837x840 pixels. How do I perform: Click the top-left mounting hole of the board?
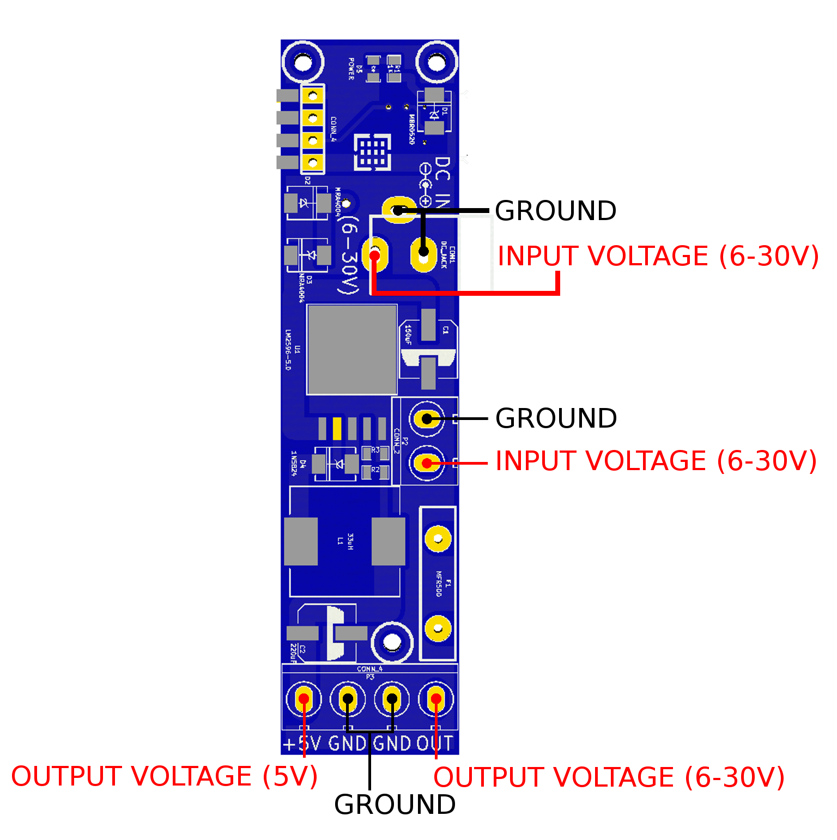(x=302, y=62)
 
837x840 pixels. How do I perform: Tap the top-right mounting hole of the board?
(x=436, y=62)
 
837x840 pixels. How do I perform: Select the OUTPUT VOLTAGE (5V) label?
(x=165, y=776)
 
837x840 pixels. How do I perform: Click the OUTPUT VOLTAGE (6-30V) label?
(x=609, y=777)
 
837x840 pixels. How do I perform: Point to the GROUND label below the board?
(x=395, y=805)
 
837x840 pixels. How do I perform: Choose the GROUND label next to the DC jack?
(x=555, y=211)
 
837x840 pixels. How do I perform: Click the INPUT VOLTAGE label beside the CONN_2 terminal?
(x=656, y=461)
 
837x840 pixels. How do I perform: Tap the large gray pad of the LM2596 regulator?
(x=352, y=349)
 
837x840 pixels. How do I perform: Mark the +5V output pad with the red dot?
(x=304, y=699)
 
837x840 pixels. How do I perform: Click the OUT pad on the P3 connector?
(x=435, y=699)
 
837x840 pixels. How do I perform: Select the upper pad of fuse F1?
(x=438, y=539)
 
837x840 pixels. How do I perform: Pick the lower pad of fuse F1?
(x=438, y=629)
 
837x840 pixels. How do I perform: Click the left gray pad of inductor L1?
(x=301, y=541)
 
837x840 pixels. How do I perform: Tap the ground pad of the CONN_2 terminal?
(x=427, y=418)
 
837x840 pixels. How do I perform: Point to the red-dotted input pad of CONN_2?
(x=427, y=463)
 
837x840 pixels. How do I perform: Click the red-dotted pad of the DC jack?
(x=375, y=255)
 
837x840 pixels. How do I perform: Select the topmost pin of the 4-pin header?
(x=313, y=96)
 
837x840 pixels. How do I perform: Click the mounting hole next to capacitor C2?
(x=392, y=642)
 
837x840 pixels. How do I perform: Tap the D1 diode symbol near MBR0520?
(x=434, y=114)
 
